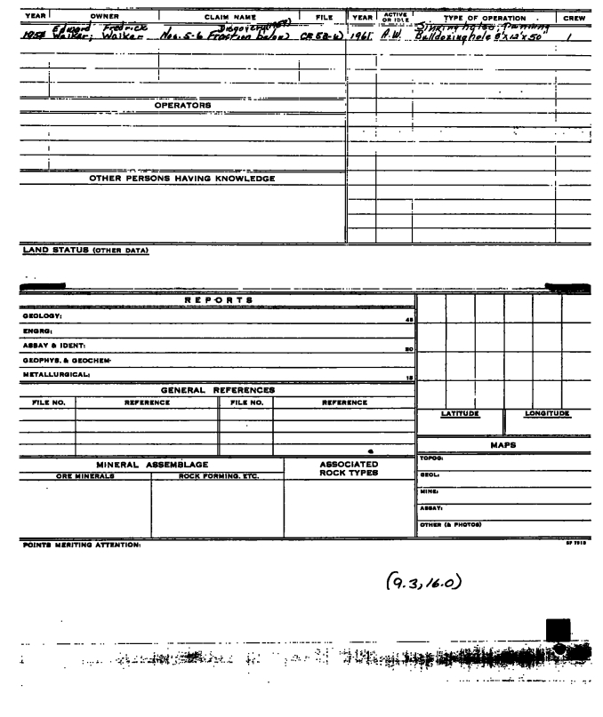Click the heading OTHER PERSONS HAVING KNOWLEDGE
(x=182, y=179)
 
